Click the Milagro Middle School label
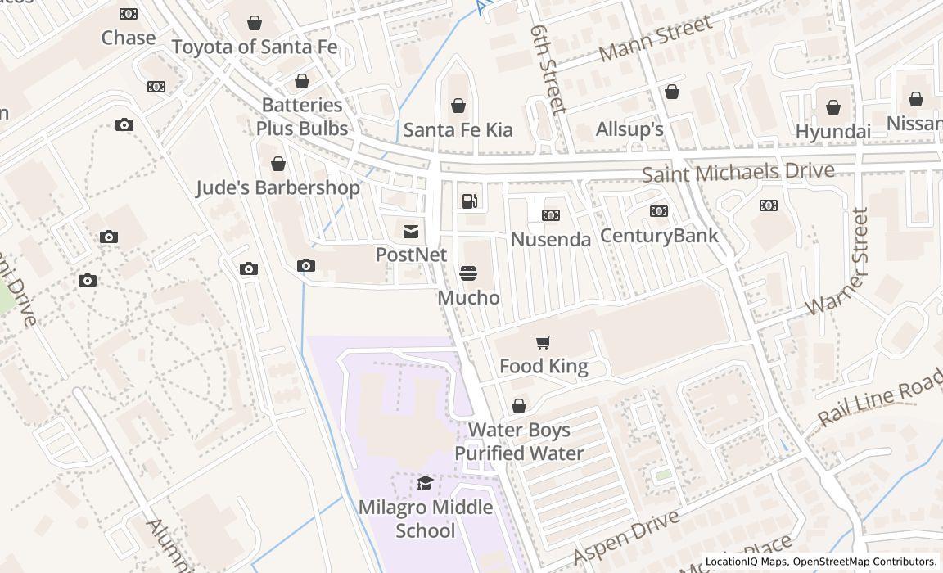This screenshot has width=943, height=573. coord(426,518)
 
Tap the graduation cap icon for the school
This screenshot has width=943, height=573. coord(425,483)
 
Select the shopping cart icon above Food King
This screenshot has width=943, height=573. coord(544,342)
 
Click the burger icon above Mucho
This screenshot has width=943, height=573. coord(468,273)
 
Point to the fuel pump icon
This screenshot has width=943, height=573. coord(470,201)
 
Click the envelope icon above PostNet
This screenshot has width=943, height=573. coord(411,232)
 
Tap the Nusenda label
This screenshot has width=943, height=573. coord(551,239)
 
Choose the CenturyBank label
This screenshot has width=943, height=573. coord(659,236)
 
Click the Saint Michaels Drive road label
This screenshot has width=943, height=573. coord(738,173)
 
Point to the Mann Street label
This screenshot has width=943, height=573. coord(656,39)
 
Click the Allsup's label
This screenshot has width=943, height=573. coord(629,129)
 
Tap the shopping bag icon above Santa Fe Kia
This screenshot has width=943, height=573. coord(458,106)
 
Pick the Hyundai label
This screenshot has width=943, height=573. coord(832,132)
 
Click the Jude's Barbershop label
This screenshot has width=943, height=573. coord(277,187)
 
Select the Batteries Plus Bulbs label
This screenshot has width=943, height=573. coord(302,116)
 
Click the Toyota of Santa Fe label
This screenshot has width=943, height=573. coord(255,47)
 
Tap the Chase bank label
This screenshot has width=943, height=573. coord(129,38)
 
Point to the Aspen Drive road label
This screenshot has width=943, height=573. coord(626,537)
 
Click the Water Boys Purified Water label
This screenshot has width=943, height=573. coord(519,441)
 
